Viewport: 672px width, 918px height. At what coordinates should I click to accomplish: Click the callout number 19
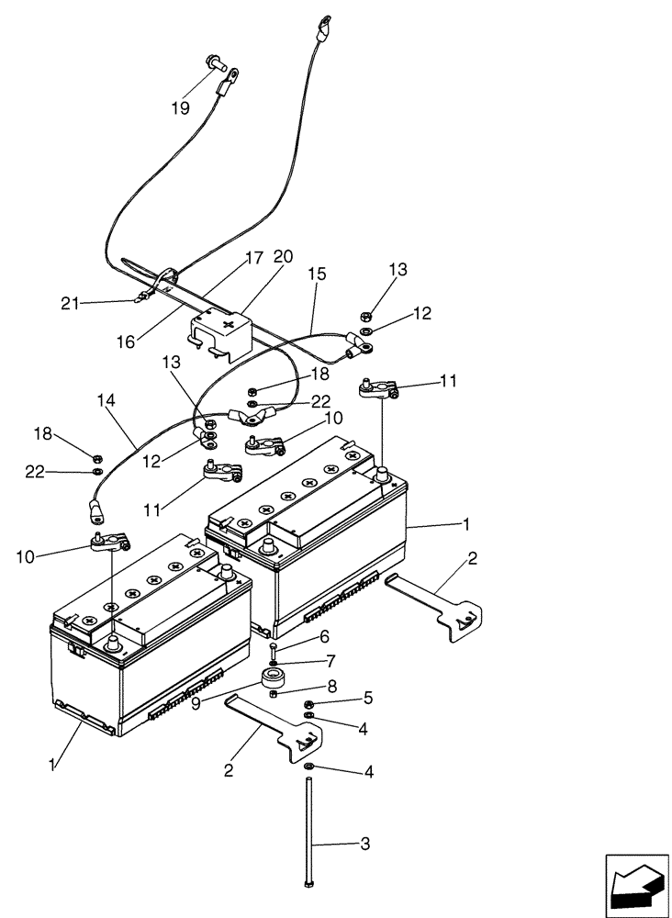[x=179, y=108]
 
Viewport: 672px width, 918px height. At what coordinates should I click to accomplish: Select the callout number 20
[x=283, y=257]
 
